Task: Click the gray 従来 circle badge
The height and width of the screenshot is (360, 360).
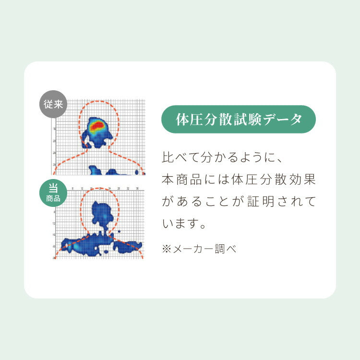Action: pyautogui.click(x=53, y=104)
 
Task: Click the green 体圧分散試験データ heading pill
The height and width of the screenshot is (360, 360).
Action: pyautogui.click(x=239, y=119)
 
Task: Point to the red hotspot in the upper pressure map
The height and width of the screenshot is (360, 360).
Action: pyautogui.click(x=97, y=126)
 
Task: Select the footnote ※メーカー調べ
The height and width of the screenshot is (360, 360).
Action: pyautogui.click(x=199, y=249)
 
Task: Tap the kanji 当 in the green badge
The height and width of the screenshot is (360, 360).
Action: pyautogui.click(x=53, y=188)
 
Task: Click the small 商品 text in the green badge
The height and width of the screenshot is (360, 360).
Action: pyautogui.click(x=53, y=198)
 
